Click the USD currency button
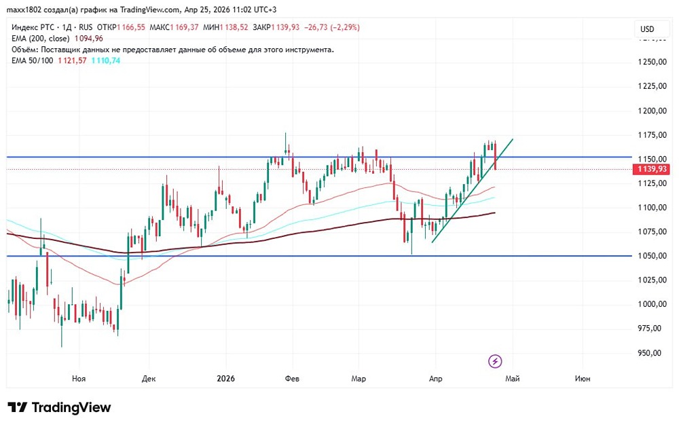click(x=647, y=29)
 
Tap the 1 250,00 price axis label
click(x=651, y=62)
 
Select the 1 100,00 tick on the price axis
click(x=651, y=208)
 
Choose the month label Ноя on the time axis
click(x=79, y=379)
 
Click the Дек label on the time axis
click(x=149, y=379)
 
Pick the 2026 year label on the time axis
click(x=224, y=379)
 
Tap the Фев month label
click(x=293, y=379)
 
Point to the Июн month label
click(x=582, y=379)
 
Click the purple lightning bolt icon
click(x=496, y=360)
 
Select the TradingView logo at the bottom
click(x=59, y=407)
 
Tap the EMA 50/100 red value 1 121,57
click(x=72, y=60)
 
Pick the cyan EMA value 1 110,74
click(x=107, y=60)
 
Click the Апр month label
click(x=435, y=379)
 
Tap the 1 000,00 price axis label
click(x=651, y=305)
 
